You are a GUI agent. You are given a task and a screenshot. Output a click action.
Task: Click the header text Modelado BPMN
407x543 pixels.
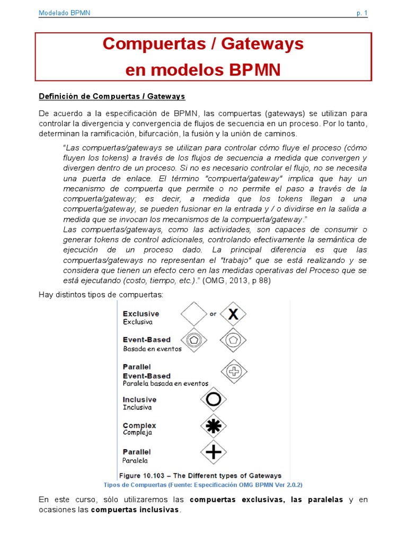64,13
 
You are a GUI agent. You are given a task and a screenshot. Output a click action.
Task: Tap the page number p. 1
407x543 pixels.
362,13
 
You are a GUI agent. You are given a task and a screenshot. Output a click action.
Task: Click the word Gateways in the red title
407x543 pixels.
262,45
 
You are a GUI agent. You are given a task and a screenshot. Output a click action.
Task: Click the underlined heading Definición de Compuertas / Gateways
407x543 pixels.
112,96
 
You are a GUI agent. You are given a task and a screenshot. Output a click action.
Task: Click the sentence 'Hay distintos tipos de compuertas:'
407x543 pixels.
101,294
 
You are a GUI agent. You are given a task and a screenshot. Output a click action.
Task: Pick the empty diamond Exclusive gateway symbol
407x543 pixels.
194,314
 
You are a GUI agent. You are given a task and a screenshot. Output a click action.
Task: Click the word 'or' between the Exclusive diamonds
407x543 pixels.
213,314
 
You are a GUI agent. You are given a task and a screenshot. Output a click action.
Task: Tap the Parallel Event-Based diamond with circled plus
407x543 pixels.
233,371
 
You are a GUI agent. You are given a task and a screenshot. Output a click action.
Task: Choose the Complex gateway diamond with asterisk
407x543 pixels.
213,425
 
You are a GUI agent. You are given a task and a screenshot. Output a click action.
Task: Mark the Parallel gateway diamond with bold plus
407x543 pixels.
213,452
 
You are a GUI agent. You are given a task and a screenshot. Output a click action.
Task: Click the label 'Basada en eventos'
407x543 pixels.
152,349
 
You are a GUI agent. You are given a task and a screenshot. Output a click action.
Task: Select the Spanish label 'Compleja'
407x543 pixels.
137,433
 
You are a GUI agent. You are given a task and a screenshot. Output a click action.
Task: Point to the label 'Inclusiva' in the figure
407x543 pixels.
137,407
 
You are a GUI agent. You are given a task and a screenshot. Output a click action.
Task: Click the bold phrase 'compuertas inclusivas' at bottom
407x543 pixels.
135,510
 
